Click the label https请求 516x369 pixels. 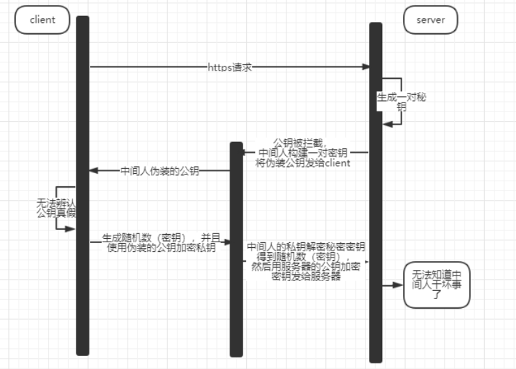point(230,67)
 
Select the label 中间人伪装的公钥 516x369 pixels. point(160,171)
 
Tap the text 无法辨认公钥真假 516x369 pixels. point(55,208)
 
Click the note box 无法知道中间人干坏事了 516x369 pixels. point(436,285)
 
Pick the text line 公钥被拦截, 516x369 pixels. point(299,142)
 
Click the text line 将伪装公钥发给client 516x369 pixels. point(302,163)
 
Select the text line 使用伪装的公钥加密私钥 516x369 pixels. point(162,247)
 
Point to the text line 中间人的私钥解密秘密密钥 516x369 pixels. point(306,246)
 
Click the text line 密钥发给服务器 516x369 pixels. point(306,276)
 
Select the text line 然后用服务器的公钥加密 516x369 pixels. point(306,267)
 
